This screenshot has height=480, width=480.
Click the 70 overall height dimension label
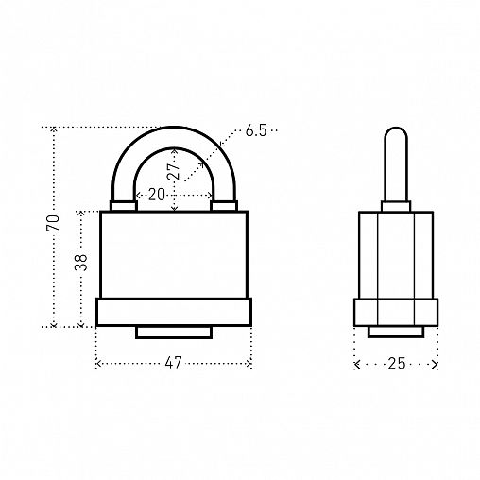pos(53,223)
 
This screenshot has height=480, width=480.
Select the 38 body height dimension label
pos(80,263)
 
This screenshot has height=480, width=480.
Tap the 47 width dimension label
pos(173,363)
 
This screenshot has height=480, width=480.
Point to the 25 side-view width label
pos(396,364)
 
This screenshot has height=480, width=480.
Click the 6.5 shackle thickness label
pos(256,130)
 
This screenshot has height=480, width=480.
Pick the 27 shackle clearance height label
pos(173,171)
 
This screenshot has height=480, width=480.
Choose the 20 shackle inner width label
pos(157,195)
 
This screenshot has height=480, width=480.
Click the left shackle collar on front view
pos(124,206)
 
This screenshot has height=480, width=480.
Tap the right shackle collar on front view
pos(224,206)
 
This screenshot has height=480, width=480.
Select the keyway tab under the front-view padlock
pos(174,333)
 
